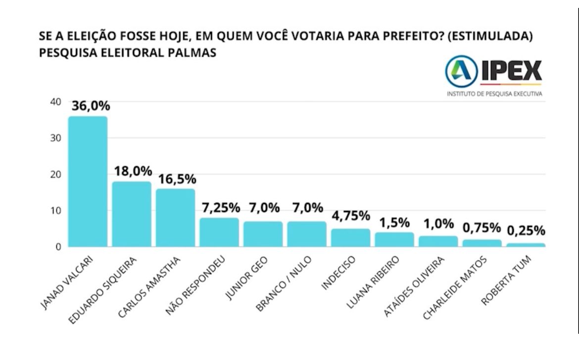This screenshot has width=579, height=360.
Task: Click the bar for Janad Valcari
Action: [88, 181]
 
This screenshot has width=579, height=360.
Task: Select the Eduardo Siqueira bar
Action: [132, 214]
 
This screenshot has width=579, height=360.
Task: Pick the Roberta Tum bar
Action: [526, 245]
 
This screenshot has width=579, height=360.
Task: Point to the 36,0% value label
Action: [91, 106]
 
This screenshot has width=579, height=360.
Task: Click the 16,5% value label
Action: [176, 179]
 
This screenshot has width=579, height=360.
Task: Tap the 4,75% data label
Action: [351, 216]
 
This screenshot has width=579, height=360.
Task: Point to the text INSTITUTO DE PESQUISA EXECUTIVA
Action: [494, 94]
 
